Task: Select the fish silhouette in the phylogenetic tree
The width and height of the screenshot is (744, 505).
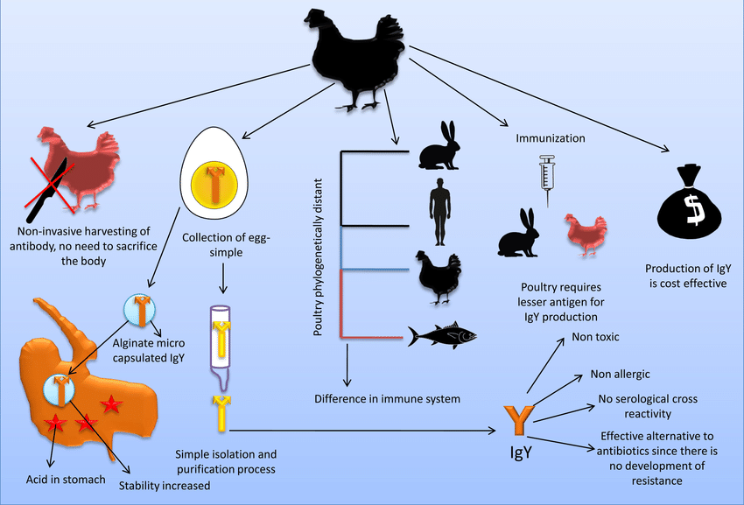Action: click(442, 335)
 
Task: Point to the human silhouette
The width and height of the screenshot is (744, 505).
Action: click(440, 212)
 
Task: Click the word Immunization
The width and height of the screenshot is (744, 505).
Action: click(551, 138)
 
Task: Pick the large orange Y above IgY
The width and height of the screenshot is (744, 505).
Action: click(521, 421)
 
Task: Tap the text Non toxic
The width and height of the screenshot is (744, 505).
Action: click(595, 337)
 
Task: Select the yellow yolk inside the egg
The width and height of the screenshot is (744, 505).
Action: click(214, 185)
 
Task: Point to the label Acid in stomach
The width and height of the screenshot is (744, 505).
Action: click(66, 480)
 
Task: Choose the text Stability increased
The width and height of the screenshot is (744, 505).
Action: click(165, 486)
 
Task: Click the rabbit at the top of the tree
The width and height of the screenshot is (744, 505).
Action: click(439, 145)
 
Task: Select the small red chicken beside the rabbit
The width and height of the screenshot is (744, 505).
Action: click(585, 235)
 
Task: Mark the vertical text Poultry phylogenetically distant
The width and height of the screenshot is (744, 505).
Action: click(318, 257)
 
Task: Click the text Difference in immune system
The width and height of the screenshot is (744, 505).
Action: click(387, 399)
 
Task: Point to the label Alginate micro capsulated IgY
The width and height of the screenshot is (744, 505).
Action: click(149, 350)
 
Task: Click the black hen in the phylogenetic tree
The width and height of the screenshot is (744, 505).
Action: click(439, 277)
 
